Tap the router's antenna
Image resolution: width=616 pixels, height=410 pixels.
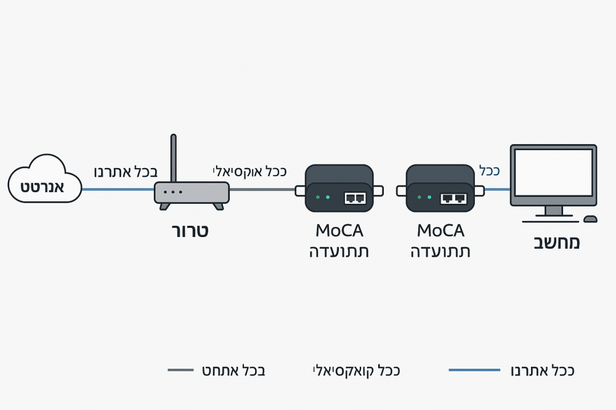point(174,157)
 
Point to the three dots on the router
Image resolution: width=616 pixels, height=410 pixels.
point(173,192)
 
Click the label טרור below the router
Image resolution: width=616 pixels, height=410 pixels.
point(190,231)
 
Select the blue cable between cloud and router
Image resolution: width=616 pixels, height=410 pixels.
point(117,189)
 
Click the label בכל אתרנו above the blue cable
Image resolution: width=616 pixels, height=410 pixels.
point(126,172)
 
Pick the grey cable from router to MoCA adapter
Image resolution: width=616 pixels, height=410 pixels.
point(262,190)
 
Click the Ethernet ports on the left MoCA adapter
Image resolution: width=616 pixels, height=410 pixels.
point(355,198)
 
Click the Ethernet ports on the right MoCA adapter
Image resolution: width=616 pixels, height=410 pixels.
point(453,198)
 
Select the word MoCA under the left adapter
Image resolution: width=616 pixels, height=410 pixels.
point(339,231)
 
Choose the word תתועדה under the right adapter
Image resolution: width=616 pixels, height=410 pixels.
point(440,251)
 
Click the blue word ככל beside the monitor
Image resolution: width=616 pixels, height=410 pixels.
point(489,171)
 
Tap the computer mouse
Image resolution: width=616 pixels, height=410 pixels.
point(590,219)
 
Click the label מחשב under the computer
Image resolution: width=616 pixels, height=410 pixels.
point(556,242)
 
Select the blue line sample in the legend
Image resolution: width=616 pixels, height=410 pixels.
point(474,370)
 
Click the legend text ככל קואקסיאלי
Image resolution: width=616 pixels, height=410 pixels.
point(357,371)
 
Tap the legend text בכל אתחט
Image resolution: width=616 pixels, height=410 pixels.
point(233,371)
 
